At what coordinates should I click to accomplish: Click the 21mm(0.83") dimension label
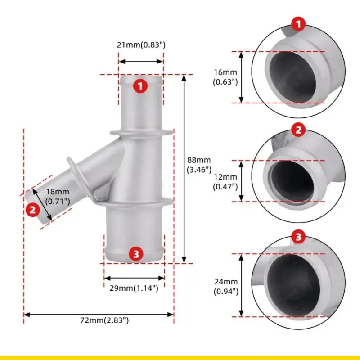click(x=141, y=45)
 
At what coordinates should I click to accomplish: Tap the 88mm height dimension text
click(x=199, y=165)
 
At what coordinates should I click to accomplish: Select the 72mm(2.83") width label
click(x=104, y=320)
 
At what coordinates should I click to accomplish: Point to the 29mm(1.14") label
click(x=134, y=288)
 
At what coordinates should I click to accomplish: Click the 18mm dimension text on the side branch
click(x=58, y=196)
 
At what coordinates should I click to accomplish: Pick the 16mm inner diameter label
click(x=225, y=77)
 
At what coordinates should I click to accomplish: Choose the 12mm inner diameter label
click(x=225, y=182)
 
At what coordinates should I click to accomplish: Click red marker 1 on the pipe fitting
click(x=140, y=86)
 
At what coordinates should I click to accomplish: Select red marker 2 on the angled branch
click(x=33, y=210)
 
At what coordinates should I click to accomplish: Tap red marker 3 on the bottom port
click(x=136, y=254)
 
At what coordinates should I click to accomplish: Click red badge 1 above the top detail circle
click(x=298, y=24)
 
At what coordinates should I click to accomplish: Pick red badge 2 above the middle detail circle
click(x=298, y=130)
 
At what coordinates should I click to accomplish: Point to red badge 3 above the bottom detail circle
click(x=298, y=237)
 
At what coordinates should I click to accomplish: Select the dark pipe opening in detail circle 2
click(x=292, y=181)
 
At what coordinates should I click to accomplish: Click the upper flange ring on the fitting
click(x=141, y=133)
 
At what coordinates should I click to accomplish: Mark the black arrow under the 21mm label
click(x=141, y=62)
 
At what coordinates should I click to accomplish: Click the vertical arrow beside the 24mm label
click(x=241, y=285)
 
